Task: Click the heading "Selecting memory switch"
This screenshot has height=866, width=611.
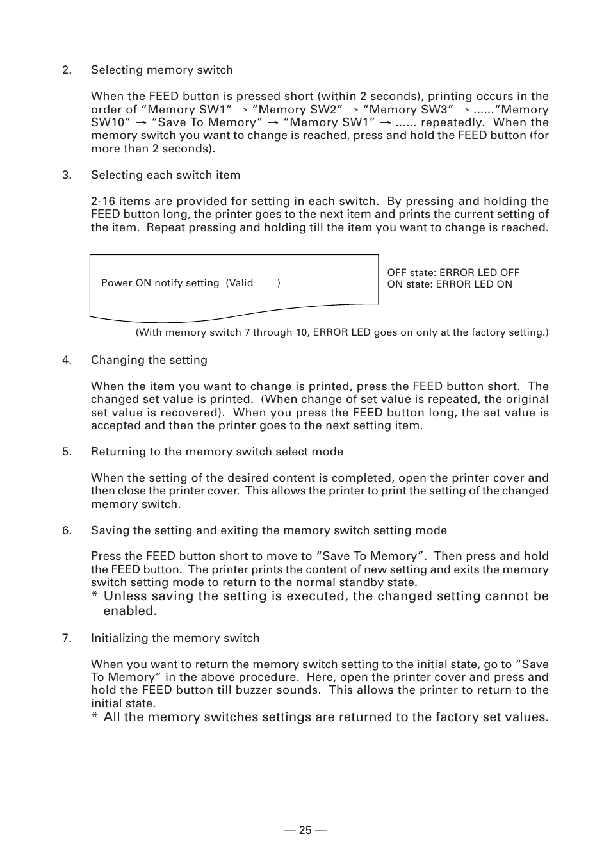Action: (x=161, y=70)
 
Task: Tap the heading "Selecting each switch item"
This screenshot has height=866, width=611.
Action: (x=165, y=175)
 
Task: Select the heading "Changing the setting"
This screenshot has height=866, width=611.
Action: (x=149, y=360)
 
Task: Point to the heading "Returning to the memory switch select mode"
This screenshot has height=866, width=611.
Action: (x=216, y=452)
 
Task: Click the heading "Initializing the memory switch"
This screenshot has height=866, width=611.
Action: (x=175, y=638)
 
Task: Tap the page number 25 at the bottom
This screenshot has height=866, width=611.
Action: (x=305, y=830)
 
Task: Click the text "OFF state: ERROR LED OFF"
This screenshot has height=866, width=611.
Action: (x=453, y=273)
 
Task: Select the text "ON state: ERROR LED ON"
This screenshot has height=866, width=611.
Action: (x=449, y=284)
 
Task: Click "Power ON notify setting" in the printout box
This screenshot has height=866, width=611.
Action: (x=160, y=283)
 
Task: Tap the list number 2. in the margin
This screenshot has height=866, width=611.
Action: (x=67, y=70)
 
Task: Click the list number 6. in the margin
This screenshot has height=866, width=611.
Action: (x=67, y=530)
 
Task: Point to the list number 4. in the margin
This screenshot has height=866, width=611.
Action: (x=67, y=360)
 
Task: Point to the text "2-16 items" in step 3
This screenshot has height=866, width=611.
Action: (x=120, y=201)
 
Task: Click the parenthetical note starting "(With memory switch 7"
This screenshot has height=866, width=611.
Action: (x=342, y=332)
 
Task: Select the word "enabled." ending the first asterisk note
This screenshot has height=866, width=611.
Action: (x=130, y=611)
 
